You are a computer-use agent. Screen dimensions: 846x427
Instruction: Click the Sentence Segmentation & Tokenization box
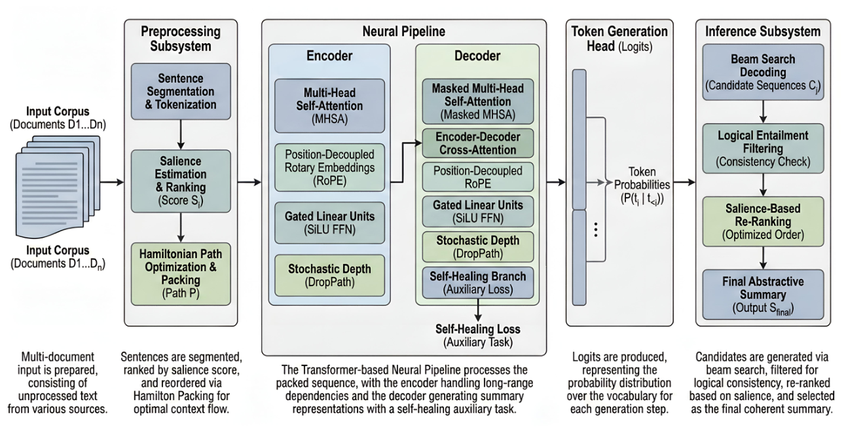pyautogui.click(x=181, y=92)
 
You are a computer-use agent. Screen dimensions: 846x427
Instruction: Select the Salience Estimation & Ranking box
pyautogui.click(x=181, y=181)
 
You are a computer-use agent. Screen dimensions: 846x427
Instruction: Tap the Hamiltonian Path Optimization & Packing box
pyautogui.click(x=181, y=274)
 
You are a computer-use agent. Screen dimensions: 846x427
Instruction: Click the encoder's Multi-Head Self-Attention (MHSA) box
pyautogui.click(x=329, y=106)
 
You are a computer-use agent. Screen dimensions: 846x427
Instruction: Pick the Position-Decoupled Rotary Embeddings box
pyautogui.click(x=329, y=168)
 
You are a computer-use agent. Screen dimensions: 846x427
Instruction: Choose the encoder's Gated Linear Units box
pyautogui.click(x=329, y=223)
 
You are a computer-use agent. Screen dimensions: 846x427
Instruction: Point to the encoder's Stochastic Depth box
pyautogui.click(x=329, y=275)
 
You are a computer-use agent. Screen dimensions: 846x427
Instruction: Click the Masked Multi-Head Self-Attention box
pyautogui.click(x=478, y=102)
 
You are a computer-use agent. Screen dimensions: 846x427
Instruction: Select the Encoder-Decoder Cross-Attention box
pyautogui.click(x=478, y=143)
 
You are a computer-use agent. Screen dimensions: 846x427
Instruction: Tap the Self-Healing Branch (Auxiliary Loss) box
pyautogui.click(x=478, y=283)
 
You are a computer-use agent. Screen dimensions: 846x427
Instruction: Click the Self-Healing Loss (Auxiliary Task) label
pyautogui.click(x=478, y=335)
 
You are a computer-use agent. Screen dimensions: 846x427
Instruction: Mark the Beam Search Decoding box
pyautogui.click(x=763, y=72)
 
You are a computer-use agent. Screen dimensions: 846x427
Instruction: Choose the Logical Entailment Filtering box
pyautogui.click(x=763, y=149)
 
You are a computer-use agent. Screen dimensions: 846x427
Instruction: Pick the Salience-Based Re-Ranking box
pyautogui.click(x=763, y=221)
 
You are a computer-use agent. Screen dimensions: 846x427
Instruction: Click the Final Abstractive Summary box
pyautogui.click(x=763, y=294)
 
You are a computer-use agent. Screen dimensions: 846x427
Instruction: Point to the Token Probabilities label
pyautogui.click(x=642, y=185)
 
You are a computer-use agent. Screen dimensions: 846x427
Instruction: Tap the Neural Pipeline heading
pyautogui.click(x=404, y=31)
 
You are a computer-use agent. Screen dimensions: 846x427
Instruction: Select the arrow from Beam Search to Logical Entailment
pyautogui.click(x=763, y=111)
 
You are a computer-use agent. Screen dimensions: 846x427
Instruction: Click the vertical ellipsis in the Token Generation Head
pyautogui.click(x=596, y=230)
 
